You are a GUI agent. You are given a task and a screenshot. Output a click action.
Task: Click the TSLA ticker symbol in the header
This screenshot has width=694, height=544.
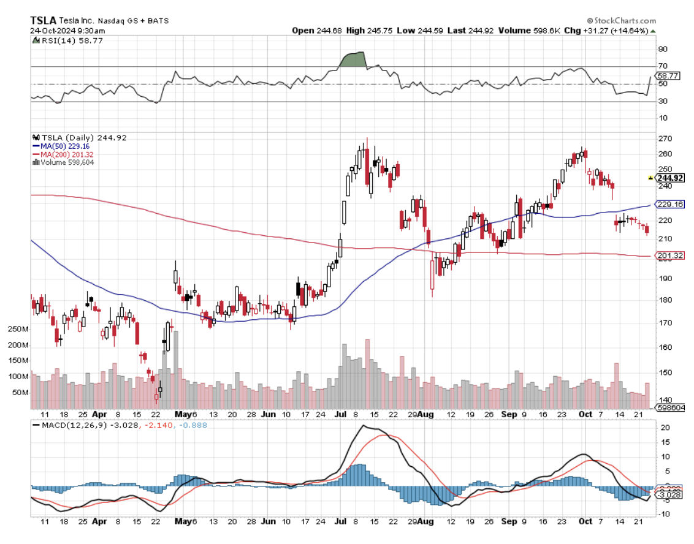point(44,20)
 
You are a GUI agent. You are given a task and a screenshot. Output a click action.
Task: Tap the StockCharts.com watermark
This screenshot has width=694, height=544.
point(621,20)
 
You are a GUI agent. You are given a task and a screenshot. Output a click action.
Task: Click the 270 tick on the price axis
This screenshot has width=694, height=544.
point(663,139)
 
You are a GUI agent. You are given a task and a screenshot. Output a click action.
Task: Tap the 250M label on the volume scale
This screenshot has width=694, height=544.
point(17,330)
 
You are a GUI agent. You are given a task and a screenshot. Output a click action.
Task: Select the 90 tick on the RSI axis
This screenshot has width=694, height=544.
point(662,49)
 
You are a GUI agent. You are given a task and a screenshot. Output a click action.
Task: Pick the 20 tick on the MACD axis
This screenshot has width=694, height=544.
point(662,428)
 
